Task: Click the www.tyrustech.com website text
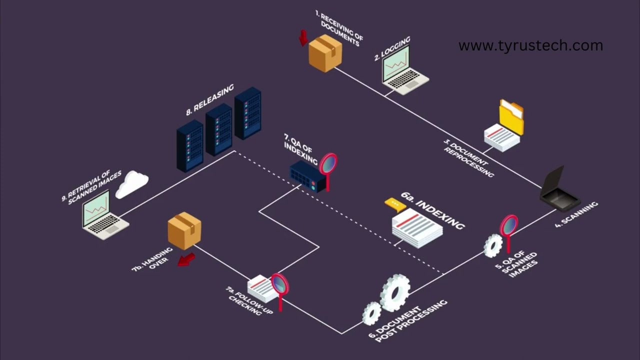[x=530, y=45]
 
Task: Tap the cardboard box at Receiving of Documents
[x=325, y=52]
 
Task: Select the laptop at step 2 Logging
[x=402, y=71]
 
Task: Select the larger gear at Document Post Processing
[x=395, y=292]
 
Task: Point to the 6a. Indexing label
[x=433, y=209]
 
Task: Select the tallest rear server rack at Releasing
[x=248, y=112]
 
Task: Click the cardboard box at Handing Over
[x=184, y=231]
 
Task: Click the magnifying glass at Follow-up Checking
[x=280, y=285]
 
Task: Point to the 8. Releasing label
[x=210, y=100]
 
